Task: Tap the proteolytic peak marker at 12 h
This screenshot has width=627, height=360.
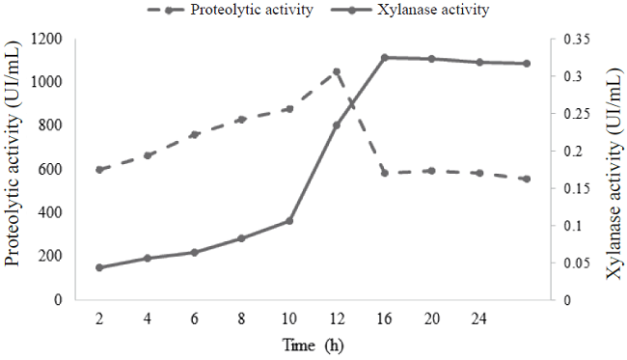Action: [336, 71]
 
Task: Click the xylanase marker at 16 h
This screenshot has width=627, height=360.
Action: [384, 58]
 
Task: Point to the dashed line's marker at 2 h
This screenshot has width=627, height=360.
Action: [99, 170]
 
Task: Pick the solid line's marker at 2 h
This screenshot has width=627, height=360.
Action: [99, 267]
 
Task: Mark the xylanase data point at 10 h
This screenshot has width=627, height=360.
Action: [288, 221]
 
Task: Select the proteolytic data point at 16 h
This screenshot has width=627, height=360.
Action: [384, 173]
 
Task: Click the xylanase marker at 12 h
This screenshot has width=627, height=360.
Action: [336, 125]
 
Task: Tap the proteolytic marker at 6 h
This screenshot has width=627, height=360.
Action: [194, 134]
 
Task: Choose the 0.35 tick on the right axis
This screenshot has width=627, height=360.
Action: [573, 40]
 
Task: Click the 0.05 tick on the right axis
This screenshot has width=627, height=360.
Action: [573, 263]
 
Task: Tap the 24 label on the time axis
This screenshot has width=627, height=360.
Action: [478, 318]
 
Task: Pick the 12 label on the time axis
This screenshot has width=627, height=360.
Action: [336, 318]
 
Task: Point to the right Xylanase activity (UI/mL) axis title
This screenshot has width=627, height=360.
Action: [613, 170]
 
